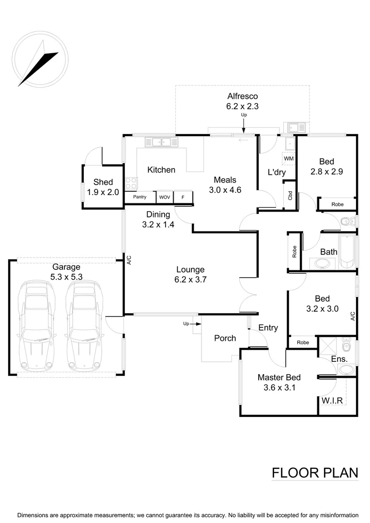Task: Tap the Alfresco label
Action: tap(243, 96)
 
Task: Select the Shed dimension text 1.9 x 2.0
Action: tap(103, 192)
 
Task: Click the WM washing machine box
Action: tap(289, 158)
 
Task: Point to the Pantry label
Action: tap(139, 197)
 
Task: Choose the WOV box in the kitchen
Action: tap(165, 197)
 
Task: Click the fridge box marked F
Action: tap(183, 197)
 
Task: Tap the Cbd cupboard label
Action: tap(290, 196)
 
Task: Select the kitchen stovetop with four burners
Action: tap(131, 183)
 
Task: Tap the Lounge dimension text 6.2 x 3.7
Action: tap(190, 279)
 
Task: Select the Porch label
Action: tap(225, 338)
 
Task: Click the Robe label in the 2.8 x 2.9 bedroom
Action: tap(337, 204)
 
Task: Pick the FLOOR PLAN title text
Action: tap(315, 473)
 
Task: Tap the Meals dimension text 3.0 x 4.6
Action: tap(225, 190)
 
